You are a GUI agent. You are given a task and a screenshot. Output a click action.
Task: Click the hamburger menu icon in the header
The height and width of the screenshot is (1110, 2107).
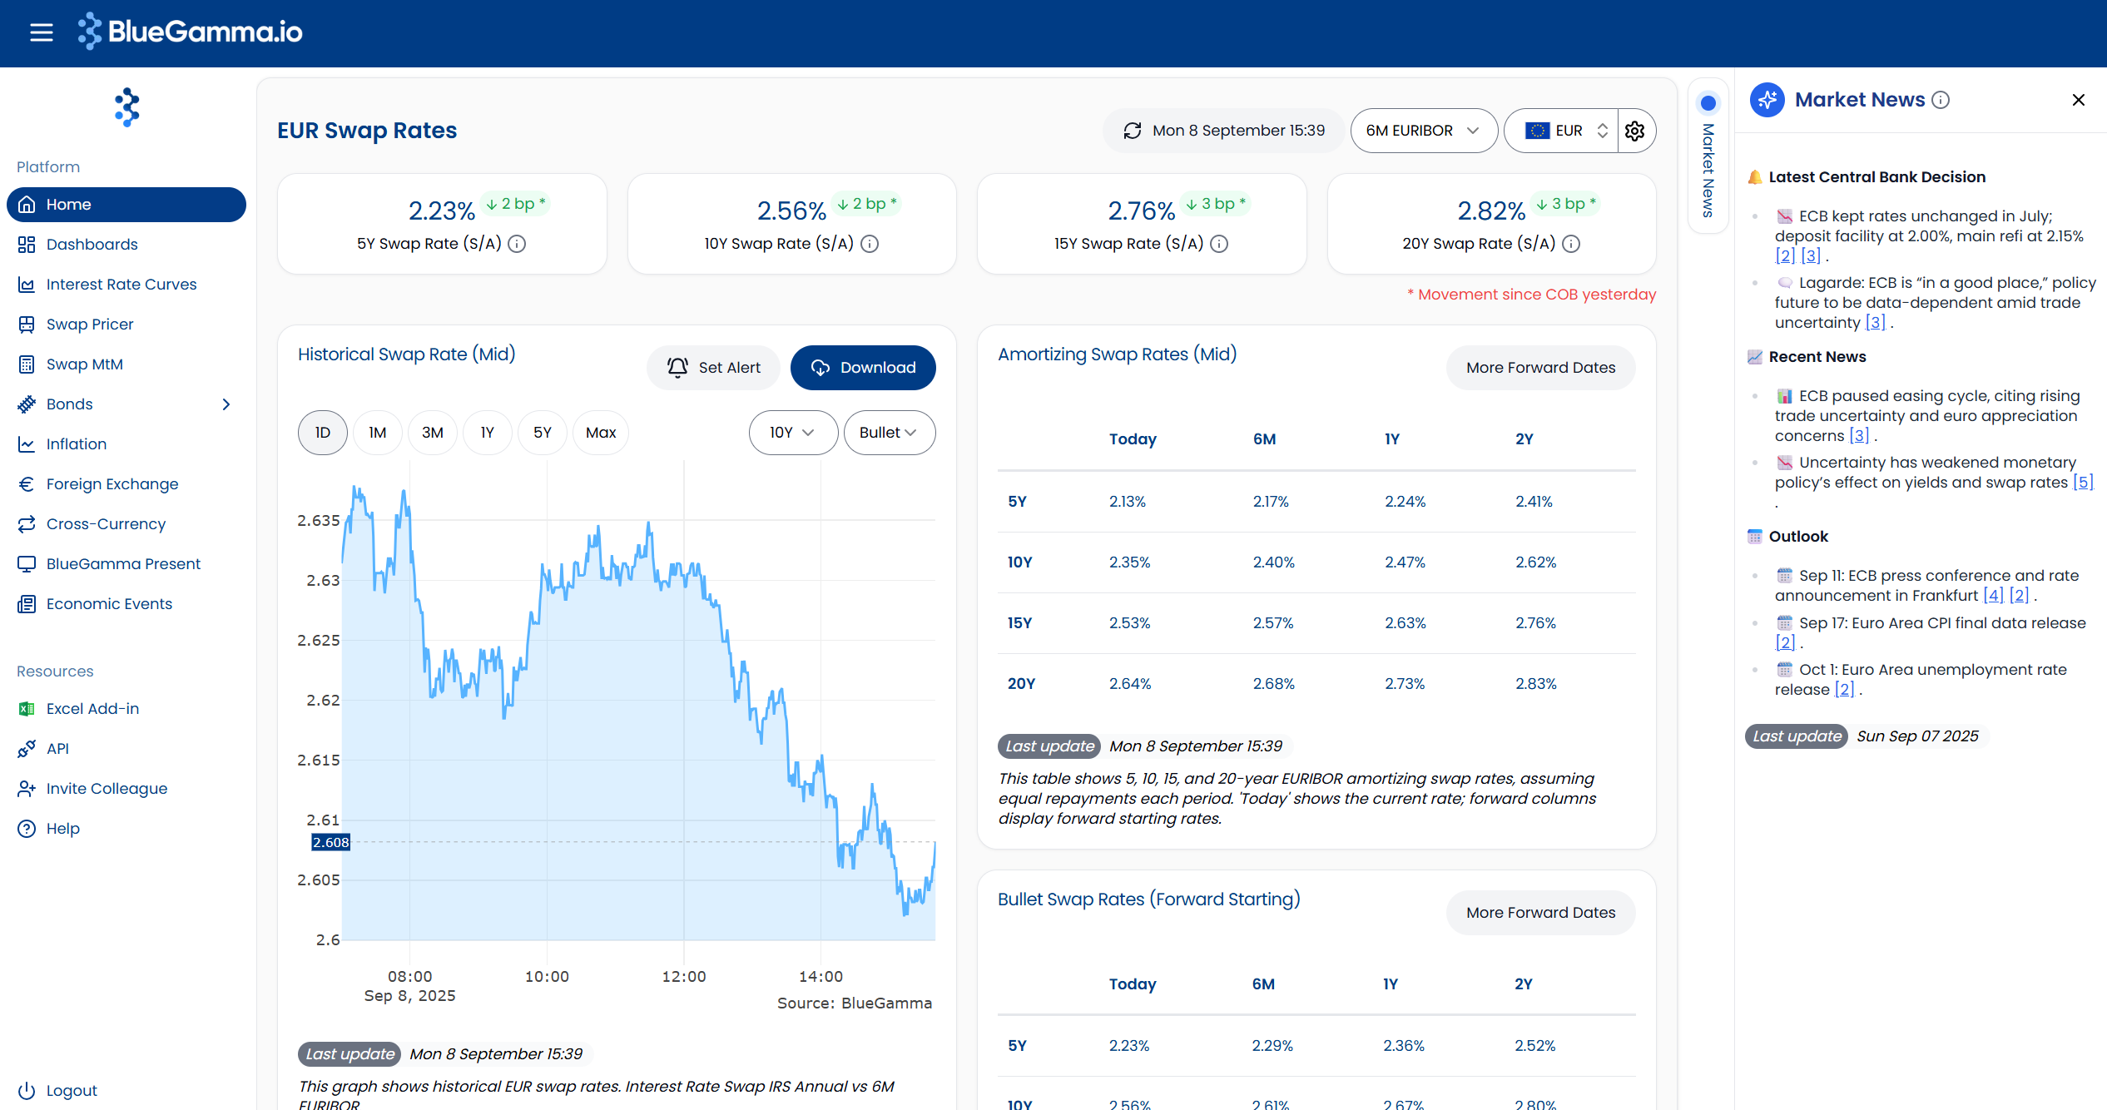click(41, 32)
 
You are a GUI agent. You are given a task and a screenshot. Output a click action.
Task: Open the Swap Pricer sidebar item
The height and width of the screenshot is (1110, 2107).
click(89, 325)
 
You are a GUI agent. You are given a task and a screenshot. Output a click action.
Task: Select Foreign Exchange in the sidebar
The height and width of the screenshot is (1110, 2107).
click(112, 484)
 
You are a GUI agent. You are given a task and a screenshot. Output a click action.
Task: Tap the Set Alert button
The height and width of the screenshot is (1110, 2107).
click(713, 368)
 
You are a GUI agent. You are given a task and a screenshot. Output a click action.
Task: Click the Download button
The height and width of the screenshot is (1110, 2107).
click(863, 368)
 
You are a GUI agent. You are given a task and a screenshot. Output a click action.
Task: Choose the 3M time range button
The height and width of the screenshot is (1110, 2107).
click(433, 433)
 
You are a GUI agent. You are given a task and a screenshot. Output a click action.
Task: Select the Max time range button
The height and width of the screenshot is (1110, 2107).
click(601, 433)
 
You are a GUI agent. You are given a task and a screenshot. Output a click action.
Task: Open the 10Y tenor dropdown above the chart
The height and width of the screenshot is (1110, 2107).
click(793, 433)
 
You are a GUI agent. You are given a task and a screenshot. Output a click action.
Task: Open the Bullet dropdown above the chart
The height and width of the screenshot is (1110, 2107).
click(890, 433)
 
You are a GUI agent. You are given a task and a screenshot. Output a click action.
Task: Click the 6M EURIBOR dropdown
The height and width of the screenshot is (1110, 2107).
click(1424, 131)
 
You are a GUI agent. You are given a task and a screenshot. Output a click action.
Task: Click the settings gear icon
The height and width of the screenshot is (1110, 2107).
click(1635, 131)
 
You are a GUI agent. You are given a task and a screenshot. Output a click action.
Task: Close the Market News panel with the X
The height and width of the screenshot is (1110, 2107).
click(2078, 100)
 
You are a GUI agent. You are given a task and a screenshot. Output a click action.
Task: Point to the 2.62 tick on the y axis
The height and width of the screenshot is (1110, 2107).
click(323, 701)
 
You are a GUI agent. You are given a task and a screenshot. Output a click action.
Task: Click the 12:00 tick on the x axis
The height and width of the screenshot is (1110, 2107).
click(683, 977)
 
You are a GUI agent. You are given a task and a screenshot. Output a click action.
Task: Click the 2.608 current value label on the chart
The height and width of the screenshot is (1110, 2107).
click(330, 843)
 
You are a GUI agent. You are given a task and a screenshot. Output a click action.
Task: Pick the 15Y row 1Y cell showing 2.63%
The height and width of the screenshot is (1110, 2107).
click(1405, 623)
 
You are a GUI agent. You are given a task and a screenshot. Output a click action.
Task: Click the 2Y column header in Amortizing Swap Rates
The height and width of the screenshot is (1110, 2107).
click(1524, 439)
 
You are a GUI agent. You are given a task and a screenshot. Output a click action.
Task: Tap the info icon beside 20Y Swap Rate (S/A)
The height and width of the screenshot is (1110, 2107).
click(1571, 244)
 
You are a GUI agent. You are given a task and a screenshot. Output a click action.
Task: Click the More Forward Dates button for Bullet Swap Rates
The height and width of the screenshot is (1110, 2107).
click(1540, 913)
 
